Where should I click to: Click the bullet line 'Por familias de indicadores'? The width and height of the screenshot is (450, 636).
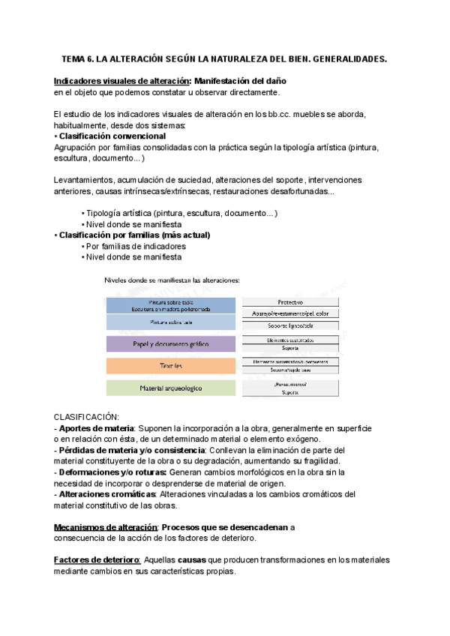(x=136, y=246)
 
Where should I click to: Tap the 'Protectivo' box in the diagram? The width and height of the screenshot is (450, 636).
(x=289, y=301)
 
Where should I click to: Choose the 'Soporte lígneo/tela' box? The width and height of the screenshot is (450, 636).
(x=289, y=325)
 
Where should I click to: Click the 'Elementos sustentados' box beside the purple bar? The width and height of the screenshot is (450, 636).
(x=289, y=340)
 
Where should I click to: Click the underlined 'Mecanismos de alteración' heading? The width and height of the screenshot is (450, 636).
(x=106, y=527)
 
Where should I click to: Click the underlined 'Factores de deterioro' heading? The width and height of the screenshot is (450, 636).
(x=97, y=560)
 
